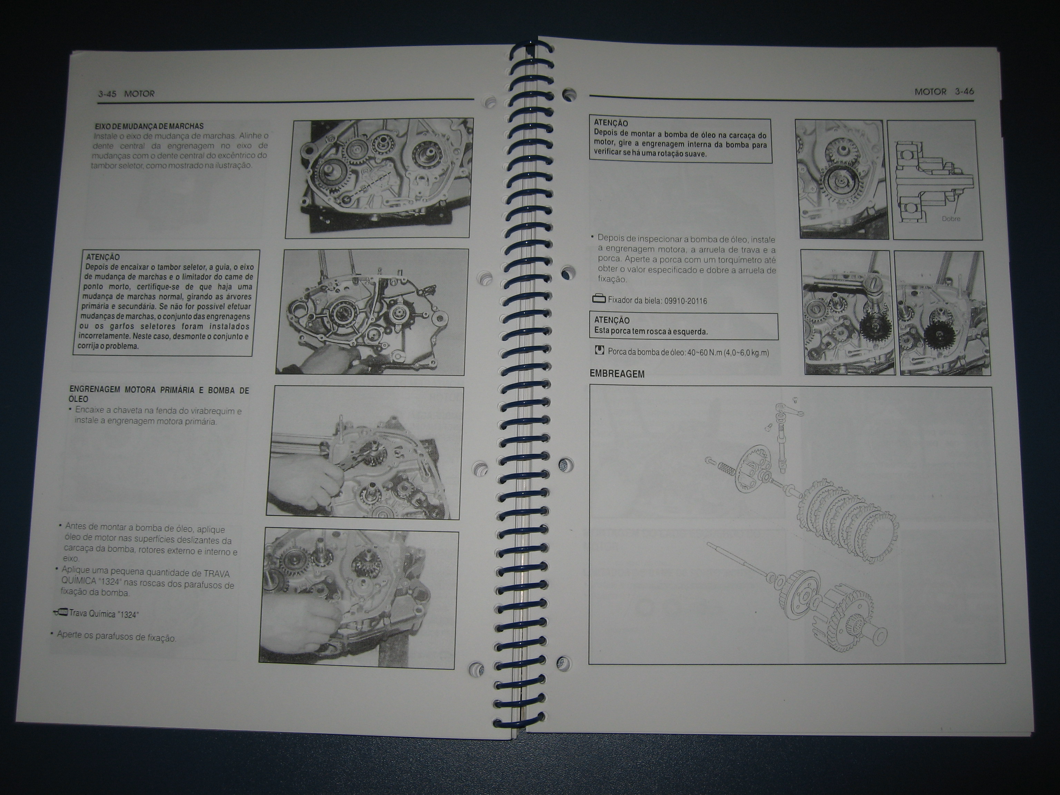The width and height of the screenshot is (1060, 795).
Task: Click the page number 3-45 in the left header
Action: [108, 94]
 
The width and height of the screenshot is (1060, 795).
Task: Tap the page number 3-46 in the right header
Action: [964, 91]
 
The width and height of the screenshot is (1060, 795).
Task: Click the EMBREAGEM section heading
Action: [617, 374]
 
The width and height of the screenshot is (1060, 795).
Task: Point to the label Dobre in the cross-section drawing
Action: [951, 218]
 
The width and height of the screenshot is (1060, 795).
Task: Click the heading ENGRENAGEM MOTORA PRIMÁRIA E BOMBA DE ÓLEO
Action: [159, 394]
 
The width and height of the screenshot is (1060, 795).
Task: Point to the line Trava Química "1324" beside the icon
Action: [104, 614]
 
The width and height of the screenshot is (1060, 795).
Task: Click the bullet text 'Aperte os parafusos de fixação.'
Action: [116, 636]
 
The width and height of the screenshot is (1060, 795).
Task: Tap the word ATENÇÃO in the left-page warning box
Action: [103, 257]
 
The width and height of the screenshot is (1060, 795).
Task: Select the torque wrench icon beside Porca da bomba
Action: [599, 350]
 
